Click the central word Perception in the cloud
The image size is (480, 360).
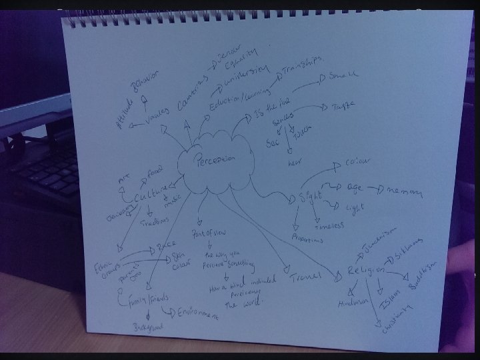point(215,160)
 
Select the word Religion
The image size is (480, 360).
point(366,270)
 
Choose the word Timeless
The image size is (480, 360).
point(329,225)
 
